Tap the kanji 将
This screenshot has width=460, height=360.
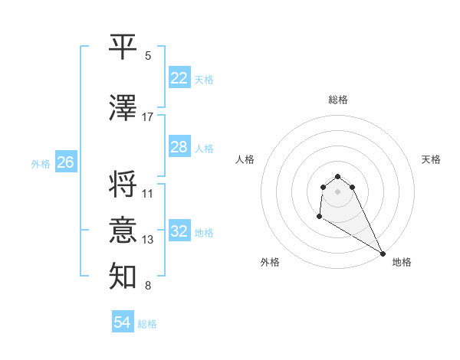click(x=123, y=184)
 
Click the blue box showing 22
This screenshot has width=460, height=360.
click(x=179, y=78)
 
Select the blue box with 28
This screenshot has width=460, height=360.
click(x=179, y=147)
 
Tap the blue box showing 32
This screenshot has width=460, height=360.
click(x=179, y=231)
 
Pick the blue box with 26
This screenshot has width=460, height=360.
click(x=65, y=162)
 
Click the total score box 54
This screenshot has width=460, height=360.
click(x=122, y=322)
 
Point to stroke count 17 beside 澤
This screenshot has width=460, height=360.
click(x=148, y=117)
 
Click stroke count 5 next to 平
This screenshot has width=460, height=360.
click(x=148, y=56)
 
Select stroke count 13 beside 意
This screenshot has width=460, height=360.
click(x=148, y=240)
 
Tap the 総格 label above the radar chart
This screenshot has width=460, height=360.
click(x=338, y=100)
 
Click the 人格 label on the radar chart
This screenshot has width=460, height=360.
click(x=245, y=159)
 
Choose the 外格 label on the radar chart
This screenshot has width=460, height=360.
click(x=270, y=262)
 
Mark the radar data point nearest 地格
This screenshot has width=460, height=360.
click(x=383, y=254)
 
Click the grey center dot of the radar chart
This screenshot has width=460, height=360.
click(x=337, y=191)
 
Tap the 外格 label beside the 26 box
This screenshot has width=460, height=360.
click(x=41, y=163)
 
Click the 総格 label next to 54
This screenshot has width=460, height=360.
click(x=147, y=324)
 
